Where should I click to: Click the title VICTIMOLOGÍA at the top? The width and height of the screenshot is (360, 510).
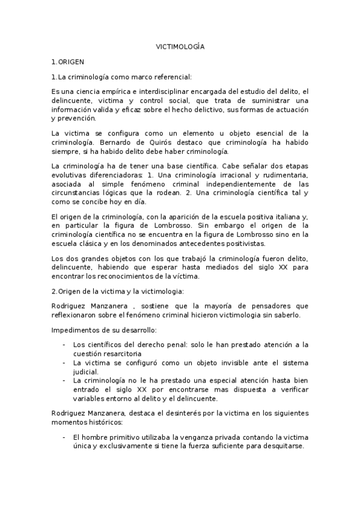[x=180, y=46]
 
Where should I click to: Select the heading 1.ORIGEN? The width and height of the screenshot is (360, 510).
[x=68, y=61]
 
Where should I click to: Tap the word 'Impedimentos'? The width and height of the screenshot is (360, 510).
[x=76, y=331]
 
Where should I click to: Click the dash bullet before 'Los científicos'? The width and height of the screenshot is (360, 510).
[x=64, y=345]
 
